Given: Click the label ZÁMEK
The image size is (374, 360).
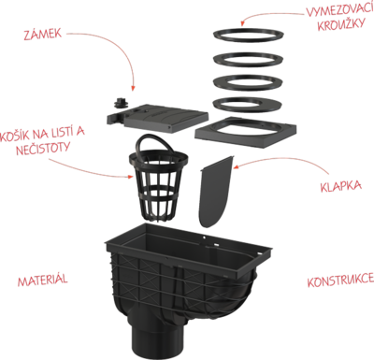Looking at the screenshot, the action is tap(43, 34).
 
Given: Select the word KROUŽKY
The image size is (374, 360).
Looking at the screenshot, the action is tap(340, 24).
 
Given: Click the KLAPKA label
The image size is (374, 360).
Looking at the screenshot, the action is tap(341, 186).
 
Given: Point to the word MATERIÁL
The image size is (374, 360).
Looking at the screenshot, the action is tap(42, 280).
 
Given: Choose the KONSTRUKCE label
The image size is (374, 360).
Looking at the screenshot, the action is tap(340, 281).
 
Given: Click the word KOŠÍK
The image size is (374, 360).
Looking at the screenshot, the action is tap(15, 137).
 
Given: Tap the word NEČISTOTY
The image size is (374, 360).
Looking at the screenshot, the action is tap(43, 149).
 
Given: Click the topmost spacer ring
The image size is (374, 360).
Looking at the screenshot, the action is tap(249, 34).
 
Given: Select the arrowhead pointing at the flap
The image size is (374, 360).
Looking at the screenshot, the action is tap(236, 167).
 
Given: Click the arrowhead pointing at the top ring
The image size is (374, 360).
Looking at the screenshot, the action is tap(242, 22).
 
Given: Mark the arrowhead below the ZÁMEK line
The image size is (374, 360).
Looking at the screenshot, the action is tap(133, 88).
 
